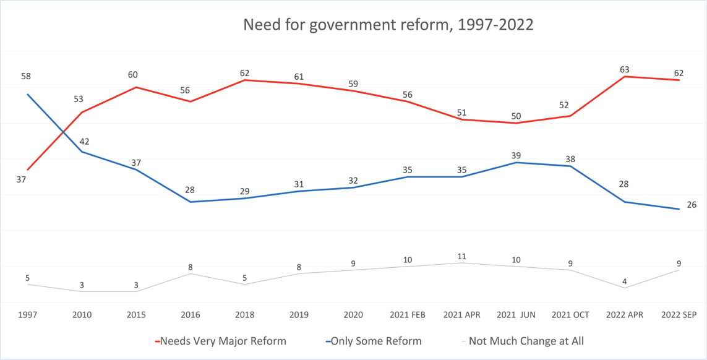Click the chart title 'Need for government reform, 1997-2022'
point(388,25)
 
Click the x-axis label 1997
point(28,315)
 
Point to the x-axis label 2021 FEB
point(408,315)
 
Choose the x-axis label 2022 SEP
point(679,315)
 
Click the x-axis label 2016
point(191,315)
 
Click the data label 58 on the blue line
point(25,76)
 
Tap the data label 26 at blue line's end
point(692,205)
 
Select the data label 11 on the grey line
point(461,256)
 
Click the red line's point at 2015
point(136,87)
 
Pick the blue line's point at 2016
point(191,202)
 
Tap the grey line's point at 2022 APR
point(625,288)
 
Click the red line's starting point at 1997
point(28,169)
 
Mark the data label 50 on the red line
point(516,116)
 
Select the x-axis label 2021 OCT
point(570,315)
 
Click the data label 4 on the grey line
point(624,282)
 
